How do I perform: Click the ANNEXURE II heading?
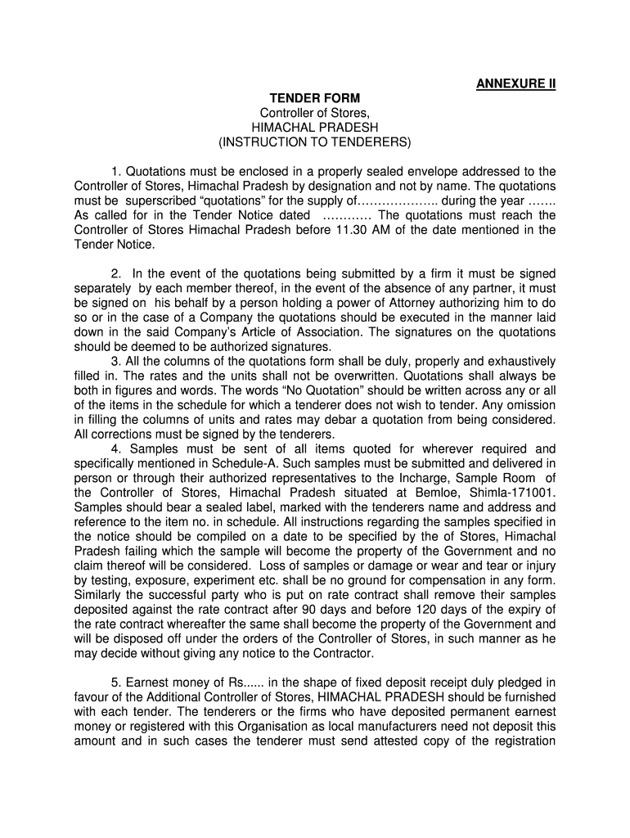515,83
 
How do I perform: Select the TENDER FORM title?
315,98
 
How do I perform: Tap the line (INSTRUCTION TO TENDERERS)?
315,142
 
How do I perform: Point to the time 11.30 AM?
362,230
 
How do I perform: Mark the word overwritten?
361,376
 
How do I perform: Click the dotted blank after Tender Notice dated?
348,215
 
